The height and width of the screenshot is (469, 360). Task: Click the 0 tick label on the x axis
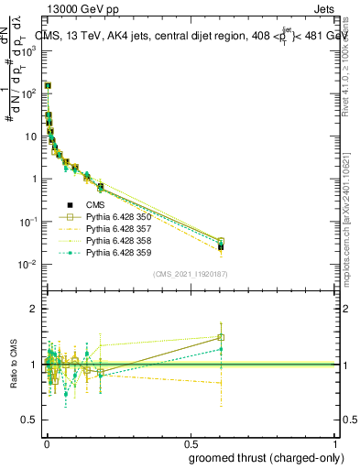click(47, 441)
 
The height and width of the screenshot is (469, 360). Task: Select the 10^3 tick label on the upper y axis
click(29, 51)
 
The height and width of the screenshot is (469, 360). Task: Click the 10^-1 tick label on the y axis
click(29, 222)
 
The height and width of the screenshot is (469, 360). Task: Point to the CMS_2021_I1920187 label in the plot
click(191, 275)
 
